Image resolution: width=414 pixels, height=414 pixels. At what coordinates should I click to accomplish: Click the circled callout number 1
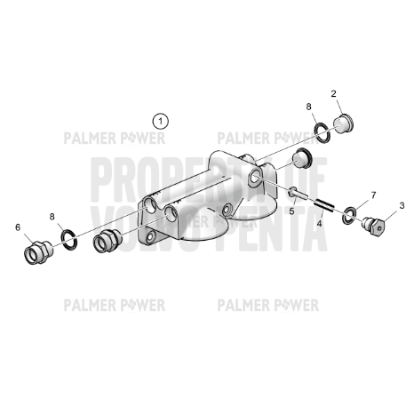click(160, 119)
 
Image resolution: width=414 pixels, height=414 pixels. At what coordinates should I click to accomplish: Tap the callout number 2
click(334, 93)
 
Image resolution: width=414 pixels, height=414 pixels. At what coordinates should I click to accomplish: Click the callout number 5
click(290, 212)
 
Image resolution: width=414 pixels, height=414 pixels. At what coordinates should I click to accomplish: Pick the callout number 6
click(17, 227)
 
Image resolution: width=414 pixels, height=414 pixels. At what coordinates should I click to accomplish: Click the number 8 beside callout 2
click(309, 107)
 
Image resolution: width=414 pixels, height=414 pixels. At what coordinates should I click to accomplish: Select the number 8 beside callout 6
click(52, 216)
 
